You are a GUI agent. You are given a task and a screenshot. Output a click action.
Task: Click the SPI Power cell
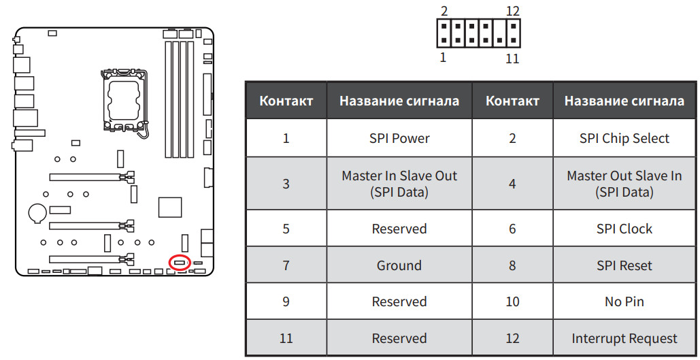pyautogui.click(x=399, y=138)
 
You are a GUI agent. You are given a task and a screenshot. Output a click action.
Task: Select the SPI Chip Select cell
pyautogui.click(x=624, y=138)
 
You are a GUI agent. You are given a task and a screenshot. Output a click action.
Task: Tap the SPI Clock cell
pyautogui.click(x=624, y=229)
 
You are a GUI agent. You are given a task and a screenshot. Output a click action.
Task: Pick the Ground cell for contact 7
pyautogui.click(x=399, y=265)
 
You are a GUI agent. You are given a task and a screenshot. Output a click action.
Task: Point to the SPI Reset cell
pyautogui.click(x=624, y=265)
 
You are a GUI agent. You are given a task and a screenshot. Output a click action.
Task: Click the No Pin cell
pyautogui.click(x=624, y=301)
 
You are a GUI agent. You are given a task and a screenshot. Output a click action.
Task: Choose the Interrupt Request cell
pyautogui.click(x=624, y=338)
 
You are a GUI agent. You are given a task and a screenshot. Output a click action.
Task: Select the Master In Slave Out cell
pyautogui.click(x=399, y=184)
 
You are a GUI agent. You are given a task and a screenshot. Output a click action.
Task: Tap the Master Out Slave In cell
pyautogui.click(x=624, y=184)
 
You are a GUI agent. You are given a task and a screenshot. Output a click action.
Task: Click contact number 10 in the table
pyautogui.click(x=512, y=301)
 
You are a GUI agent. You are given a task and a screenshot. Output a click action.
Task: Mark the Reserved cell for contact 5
pyautogui.click(x=399, y=229)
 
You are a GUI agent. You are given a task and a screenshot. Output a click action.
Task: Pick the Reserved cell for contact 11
pyautogui.click(x=399, y=338)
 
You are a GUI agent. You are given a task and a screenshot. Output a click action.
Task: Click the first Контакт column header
pyautogui.click(x=286, y=101)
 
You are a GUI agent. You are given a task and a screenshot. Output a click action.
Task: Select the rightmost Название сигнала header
pyautogui.click(x=624, y=101)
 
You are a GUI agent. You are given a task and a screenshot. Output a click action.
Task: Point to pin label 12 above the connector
pyautogui.click(x=513, y=11)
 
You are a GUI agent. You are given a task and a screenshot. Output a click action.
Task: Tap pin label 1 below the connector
pyautogui.click(x=443, y=58)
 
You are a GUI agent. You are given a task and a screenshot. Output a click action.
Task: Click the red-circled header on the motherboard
pyautogui.click(x=180, y=263)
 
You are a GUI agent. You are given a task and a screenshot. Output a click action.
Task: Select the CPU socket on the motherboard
pyautogui.click(x=124, y=101)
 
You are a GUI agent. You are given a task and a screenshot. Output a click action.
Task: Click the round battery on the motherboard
pyautogui.click(x=37, y=212)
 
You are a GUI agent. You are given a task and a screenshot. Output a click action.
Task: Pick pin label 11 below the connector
pyautogui.click(x=512, y=59)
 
